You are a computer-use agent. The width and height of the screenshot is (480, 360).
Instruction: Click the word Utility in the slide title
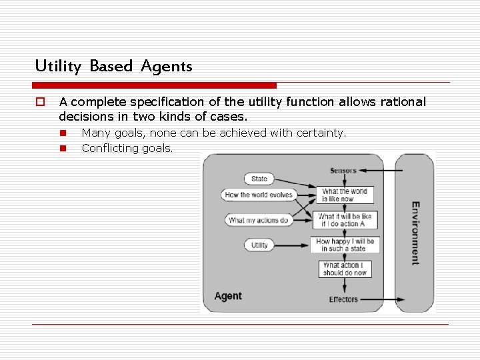tap(57, 66)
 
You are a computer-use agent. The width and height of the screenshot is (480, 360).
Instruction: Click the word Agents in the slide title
tap(166, 66)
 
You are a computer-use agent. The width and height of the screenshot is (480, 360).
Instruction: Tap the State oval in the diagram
tap(259, 178)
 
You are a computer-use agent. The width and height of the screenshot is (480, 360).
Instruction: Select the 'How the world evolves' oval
tap(259, 195)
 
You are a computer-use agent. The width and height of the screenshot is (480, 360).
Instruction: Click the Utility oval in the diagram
tap(259, 245)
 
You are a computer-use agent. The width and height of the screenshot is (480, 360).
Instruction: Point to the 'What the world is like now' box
tap(344, 195)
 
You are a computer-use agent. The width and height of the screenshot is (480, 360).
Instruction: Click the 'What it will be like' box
tap(344, 220)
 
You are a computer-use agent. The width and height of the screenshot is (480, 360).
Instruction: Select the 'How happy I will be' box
tap(344, 245)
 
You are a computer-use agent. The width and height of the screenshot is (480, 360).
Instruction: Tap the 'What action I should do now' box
tap(344, 269)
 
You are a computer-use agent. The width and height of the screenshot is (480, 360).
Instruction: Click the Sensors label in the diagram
tap(343, 171)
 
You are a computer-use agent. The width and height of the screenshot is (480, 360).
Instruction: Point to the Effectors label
tap(343, 299)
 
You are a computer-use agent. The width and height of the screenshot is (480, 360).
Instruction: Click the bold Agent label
tap(228, 296)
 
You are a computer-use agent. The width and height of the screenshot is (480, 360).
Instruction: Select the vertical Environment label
tap(415, 233)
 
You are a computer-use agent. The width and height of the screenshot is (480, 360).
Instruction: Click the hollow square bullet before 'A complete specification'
tap(39, 102)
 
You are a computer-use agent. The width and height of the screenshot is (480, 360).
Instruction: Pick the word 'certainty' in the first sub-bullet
tap(322, 133)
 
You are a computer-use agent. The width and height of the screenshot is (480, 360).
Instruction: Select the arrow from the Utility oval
tap(291, 245)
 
